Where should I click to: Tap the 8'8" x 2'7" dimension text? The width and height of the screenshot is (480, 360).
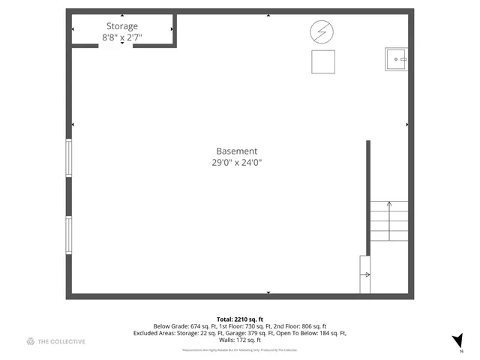pyautogui.click(x=122, y=37)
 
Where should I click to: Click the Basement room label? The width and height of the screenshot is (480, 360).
pyautogui.click(x=237, y=151)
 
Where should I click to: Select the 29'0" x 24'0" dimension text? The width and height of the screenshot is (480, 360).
pyautogui.click(x=237, y=162)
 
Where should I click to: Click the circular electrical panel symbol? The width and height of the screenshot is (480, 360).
pyautogui.click(x=321, y=31)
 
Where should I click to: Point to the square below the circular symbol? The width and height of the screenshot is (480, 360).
pyautogui.click(x=324, y=61)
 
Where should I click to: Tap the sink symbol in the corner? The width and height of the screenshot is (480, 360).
pyautogui.click(x=395, y=58)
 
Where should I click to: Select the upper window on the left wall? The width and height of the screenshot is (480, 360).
pyautogui.click(x=69, y=157)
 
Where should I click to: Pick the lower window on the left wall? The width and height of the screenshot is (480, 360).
pyautogui.click(x=69, y=235)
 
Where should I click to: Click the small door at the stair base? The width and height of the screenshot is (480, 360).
pyautogui.click(x=365, y=274)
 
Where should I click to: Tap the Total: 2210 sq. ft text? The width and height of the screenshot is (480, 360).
pyautogui.click(x=240, y=319)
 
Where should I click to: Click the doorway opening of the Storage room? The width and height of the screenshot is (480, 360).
pyautogui.click(x=115, y=45)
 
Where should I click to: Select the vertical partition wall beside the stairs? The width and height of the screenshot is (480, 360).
pyautogui.click(x=368, y=199)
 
